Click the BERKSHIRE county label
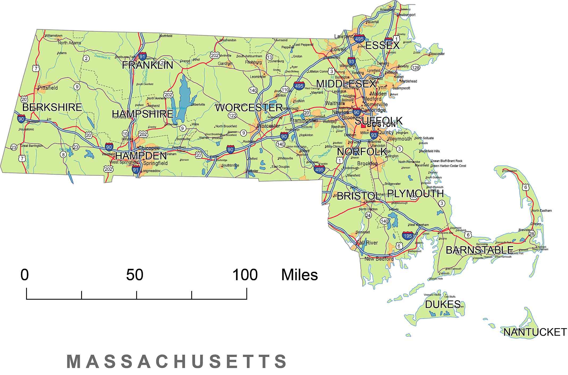52,107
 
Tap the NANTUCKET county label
535,332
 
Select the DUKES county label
443,304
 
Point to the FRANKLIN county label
148,65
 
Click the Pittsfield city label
48,88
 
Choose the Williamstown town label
53,35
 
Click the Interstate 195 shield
408,236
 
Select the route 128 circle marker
416,67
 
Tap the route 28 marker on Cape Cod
531,234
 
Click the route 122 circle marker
232,116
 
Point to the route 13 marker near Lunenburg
270,57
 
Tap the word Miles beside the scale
300,275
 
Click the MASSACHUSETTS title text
177,361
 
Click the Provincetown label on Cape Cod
510,171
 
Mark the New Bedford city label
379,259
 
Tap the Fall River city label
367,243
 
